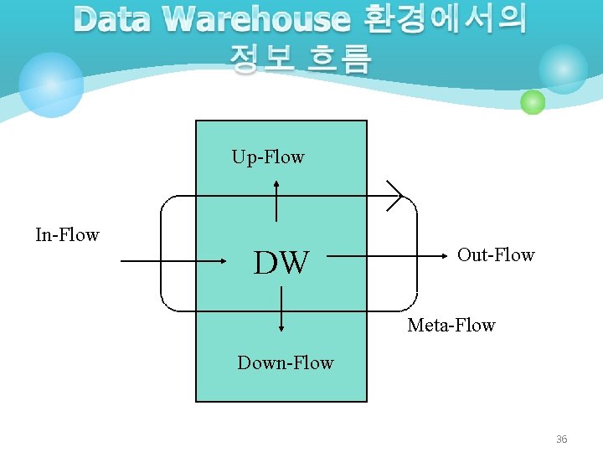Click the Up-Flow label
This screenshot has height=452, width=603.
tap(268, 157)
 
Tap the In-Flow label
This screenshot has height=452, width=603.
tap(67, 235)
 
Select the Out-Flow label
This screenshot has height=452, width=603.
tap(496, 255)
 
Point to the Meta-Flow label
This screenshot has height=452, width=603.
tap(451, 326)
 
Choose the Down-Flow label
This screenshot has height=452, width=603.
tap(285, 363)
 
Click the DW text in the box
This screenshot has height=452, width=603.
tap(281, 263)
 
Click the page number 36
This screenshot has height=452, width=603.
tap(561, 439)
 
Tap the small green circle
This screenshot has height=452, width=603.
tap(533, 102)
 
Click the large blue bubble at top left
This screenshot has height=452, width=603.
tap(51, 85)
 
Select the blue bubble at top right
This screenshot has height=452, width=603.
tap(563, 69)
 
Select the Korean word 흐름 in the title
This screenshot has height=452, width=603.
tap(338, 59)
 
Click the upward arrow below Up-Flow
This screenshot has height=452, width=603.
tap(277, 201)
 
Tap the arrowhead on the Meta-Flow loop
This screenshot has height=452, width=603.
tap(394, 196)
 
